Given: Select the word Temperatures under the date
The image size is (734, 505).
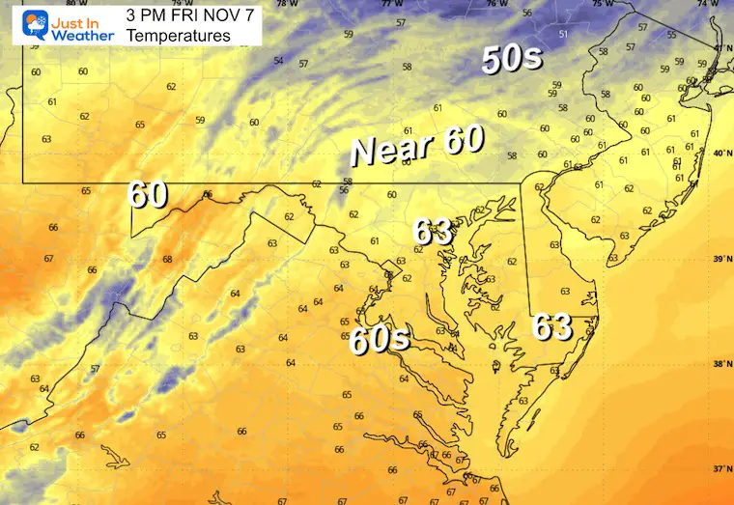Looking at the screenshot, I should click(x=179, y=36).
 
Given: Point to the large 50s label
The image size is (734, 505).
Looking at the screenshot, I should click(x=513, y=60).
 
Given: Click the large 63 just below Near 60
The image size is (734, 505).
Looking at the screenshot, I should click(x=433, y=232).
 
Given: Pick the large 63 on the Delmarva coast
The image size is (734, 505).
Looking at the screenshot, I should click(x=552, y=328).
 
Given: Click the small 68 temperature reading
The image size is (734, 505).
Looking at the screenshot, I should click(x=167, y=259).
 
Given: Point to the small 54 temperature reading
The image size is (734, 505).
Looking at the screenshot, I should click(x=278, y=61).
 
